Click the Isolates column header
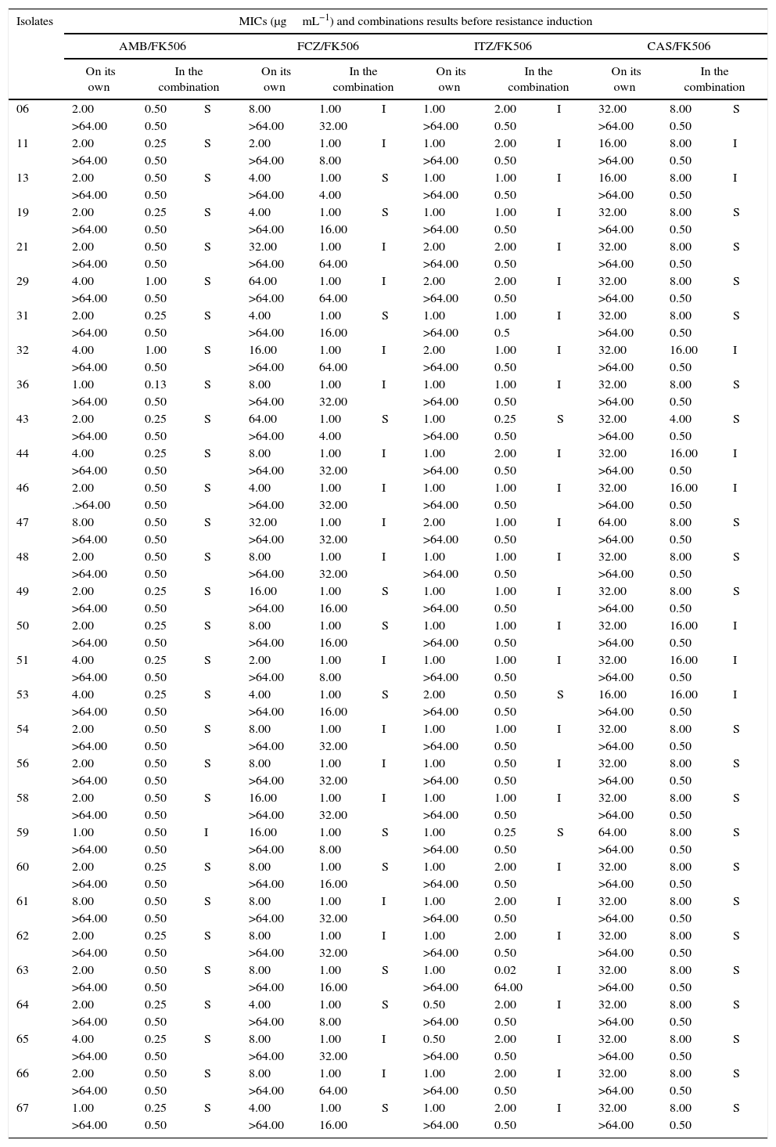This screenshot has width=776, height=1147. coord(34,21)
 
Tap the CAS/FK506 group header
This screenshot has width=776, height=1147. coord(678,47)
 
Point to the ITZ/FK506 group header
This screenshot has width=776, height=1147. coord(502,47)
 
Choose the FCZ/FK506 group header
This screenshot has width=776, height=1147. coord(328,47)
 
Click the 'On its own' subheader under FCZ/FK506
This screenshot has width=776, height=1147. coord(275,79)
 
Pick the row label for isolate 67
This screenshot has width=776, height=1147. coord(23,1108)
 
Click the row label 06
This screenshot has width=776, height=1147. coord(23,109)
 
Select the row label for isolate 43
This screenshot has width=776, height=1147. coord(23,419)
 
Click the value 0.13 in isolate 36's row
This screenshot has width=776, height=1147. coord(155,384)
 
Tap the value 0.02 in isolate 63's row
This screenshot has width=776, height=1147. coord(505,970)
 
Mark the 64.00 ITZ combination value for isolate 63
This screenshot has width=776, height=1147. coord(508,987)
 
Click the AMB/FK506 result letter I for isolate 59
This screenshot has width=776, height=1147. coord(207,832)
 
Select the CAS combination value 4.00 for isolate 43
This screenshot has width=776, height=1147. coord(680,419)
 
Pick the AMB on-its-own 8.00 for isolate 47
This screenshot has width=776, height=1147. coord(83,522)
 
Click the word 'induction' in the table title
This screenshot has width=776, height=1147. coord(572,21)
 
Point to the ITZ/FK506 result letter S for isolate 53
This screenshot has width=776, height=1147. coord(559,694)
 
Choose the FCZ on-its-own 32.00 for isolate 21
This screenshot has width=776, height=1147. coord(263,247)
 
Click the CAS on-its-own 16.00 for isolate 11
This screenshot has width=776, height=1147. coord(613,143)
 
